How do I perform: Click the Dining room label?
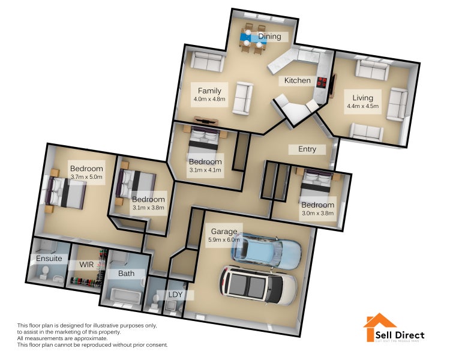[269, 37]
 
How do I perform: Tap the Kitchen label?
[297, 80]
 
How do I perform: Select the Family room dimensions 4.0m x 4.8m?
[210, 99]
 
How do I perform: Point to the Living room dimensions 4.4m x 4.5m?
[362, 106]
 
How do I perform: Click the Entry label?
[302, 149]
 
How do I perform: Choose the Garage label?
[224, 232]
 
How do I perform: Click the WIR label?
[86, 264]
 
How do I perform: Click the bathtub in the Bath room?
[125, 296]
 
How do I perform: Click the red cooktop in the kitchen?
[322, 83]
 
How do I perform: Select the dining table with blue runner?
[252, 38]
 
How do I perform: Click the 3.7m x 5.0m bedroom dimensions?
[86, 177]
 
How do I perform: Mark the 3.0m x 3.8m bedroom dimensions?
[317, 213]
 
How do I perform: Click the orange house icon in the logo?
[379, 327]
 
